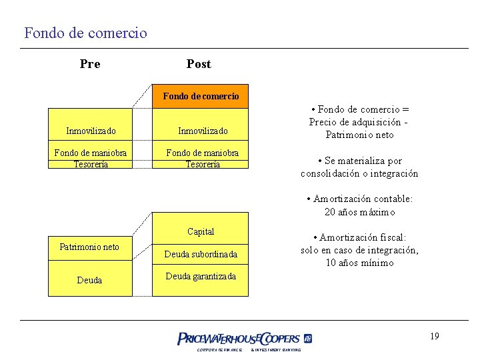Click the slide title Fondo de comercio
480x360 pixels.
tap(85, 32)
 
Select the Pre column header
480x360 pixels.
tap(90, 64)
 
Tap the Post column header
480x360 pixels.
tap(199, 64)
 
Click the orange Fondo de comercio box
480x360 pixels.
tap(201, 97)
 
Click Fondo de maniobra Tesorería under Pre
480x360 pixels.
tap(91, 159)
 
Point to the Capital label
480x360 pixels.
tap(201, 232)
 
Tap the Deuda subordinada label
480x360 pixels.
tap(201, 254)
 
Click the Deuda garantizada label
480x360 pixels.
tap(201, 276)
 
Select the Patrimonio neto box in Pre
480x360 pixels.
tap(89, 247)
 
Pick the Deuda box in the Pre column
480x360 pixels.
tap(89, 281)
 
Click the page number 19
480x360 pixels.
tap(434, 336)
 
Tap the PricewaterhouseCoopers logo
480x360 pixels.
tap(245, 339)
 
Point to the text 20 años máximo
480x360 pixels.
tap(359, 212)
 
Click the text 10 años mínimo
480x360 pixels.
tap(359, 263)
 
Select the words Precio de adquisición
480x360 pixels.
tap(355, 122)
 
